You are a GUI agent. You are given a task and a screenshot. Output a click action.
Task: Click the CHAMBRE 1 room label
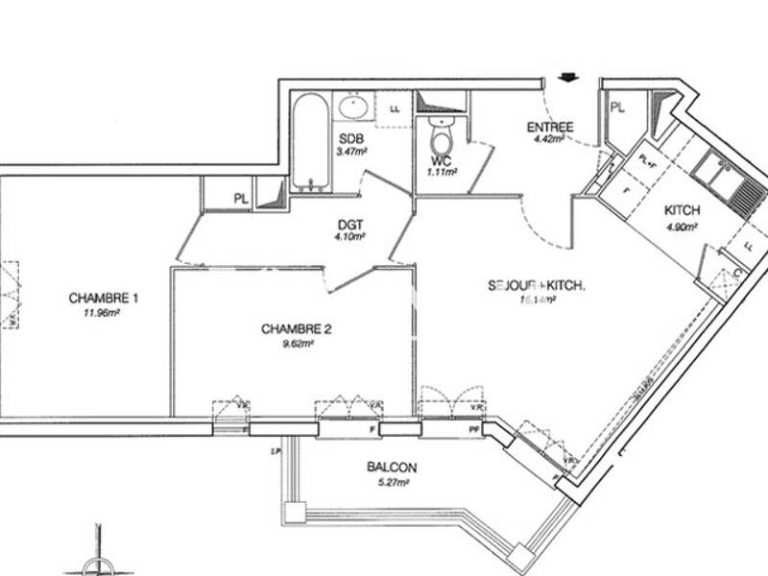point(104,298)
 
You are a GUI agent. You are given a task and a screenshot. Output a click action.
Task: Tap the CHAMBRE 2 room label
point(296,328)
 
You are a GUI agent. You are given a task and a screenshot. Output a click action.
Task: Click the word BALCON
point(392,468)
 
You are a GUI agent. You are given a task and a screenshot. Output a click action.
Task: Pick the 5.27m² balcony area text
point(392,483)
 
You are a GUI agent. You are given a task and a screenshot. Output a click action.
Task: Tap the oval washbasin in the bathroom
point(352,105)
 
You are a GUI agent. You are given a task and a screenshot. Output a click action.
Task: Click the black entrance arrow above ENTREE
point(567,80)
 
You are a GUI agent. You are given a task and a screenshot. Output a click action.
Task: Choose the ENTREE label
point(549,127)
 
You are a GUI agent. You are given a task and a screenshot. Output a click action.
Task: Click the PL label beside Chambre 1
point(242,199)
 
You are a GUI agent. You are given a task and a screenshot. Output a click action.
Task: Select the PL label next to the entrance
point(617,108)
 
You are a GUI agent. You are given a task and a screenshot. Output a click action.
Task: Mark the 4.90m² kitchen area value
point(682,227)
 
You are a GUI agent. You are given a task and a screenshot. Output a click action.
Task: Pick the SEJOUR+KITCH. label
point(537,285)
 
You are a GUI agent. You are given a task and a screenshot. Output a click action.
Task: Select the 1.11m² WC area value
point(443,172)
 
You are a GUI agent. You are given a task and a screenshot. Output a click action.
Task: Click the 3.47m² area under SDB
point(351,152)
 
